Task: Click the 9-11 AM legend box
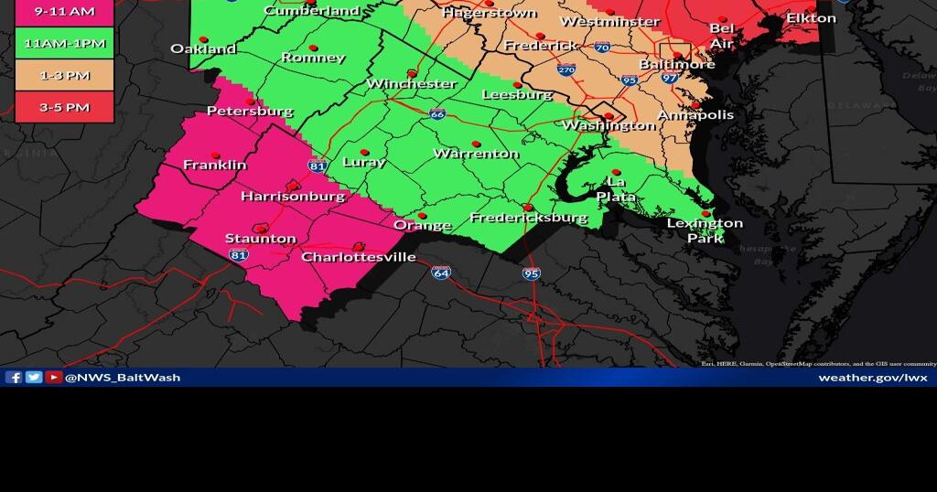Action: click(64, 13)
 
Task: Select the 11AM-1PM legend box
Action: click(64, 43)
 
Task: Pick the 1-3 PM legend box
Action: click(64, 76)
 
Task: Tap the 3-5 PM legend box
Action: click(64, 107)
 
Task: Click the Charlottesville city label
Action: click(359, 257)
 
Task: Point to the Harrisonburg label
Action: click(293, 196)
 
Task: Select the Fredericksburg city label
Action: click(528, 218)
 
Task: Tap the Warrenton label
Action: click(476, 154)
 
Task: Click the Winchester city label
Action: click(411, 83)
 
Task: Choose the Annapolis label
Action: click(696, 115)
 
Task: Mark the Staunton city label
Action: click(261, 239)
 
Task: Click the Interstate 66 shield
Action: click(437, 114)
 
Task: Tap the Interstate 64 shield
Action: click(442, 273)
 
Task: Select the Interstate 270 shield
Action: click(566, 70)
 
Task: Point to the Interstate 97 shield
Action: click(670, 79)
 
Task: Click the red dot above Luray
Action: click(364, 152)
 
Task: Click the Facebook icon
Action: click(14, 377)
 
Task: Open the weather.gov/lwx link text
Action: click(872, 377)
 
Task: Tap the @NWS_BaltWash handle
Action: click(123, 377)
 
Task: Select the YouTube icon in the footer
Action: click(54, 377)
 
